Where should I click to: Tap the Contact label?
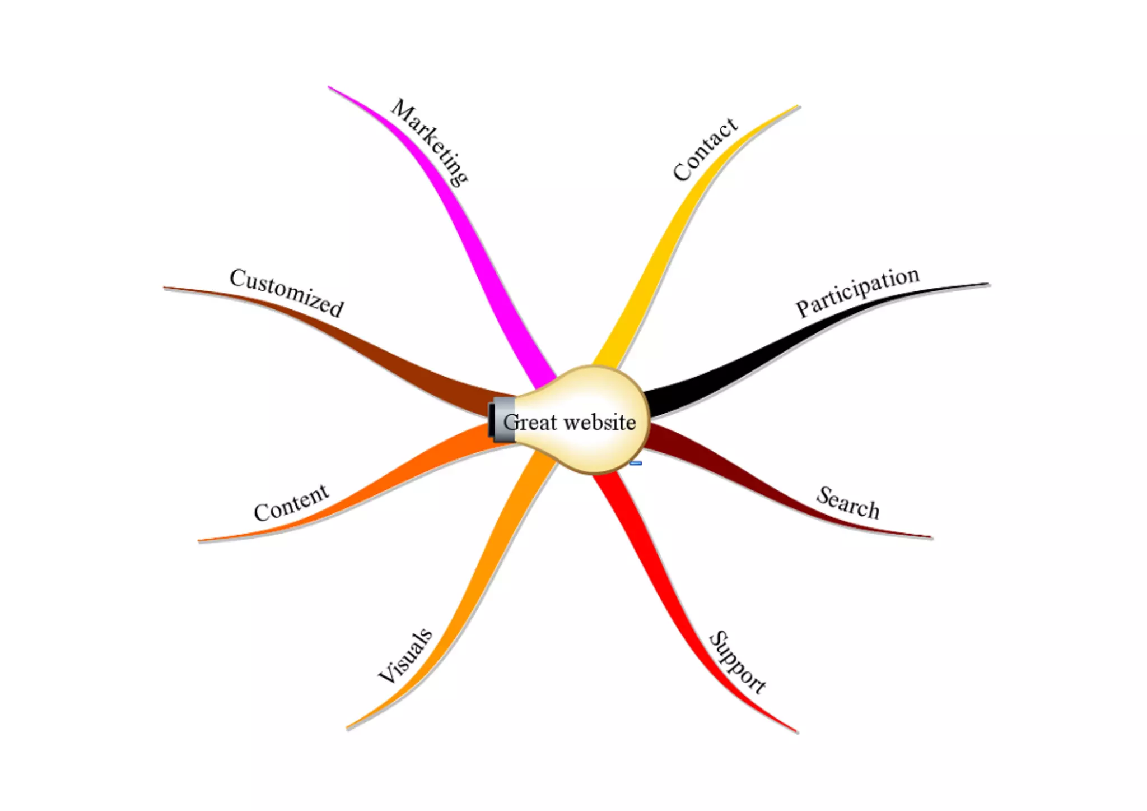coord(705,149)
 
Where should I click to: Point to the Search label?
coord(847,503)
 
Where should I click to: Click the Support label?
coord(737,662)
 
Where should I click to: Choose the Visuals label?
coord(405,656)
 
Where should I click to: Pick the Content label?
coord(291,503)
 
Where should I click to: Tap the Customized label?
coord(287,292)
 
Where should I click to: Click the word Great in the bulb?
coord(530,422)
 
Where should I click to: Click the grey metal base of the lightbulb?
coord(502,420)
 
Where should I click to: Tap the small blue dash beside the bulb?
coord(635,464)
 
